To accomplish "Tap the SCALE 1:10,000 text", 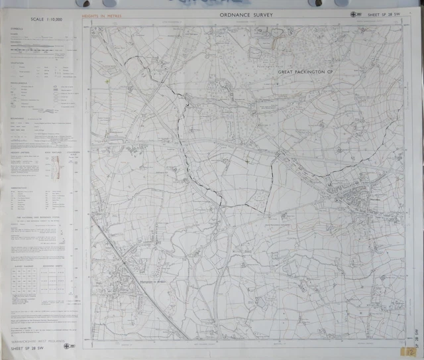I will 41,19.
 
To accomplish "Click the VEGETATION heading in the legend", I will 19,64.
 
